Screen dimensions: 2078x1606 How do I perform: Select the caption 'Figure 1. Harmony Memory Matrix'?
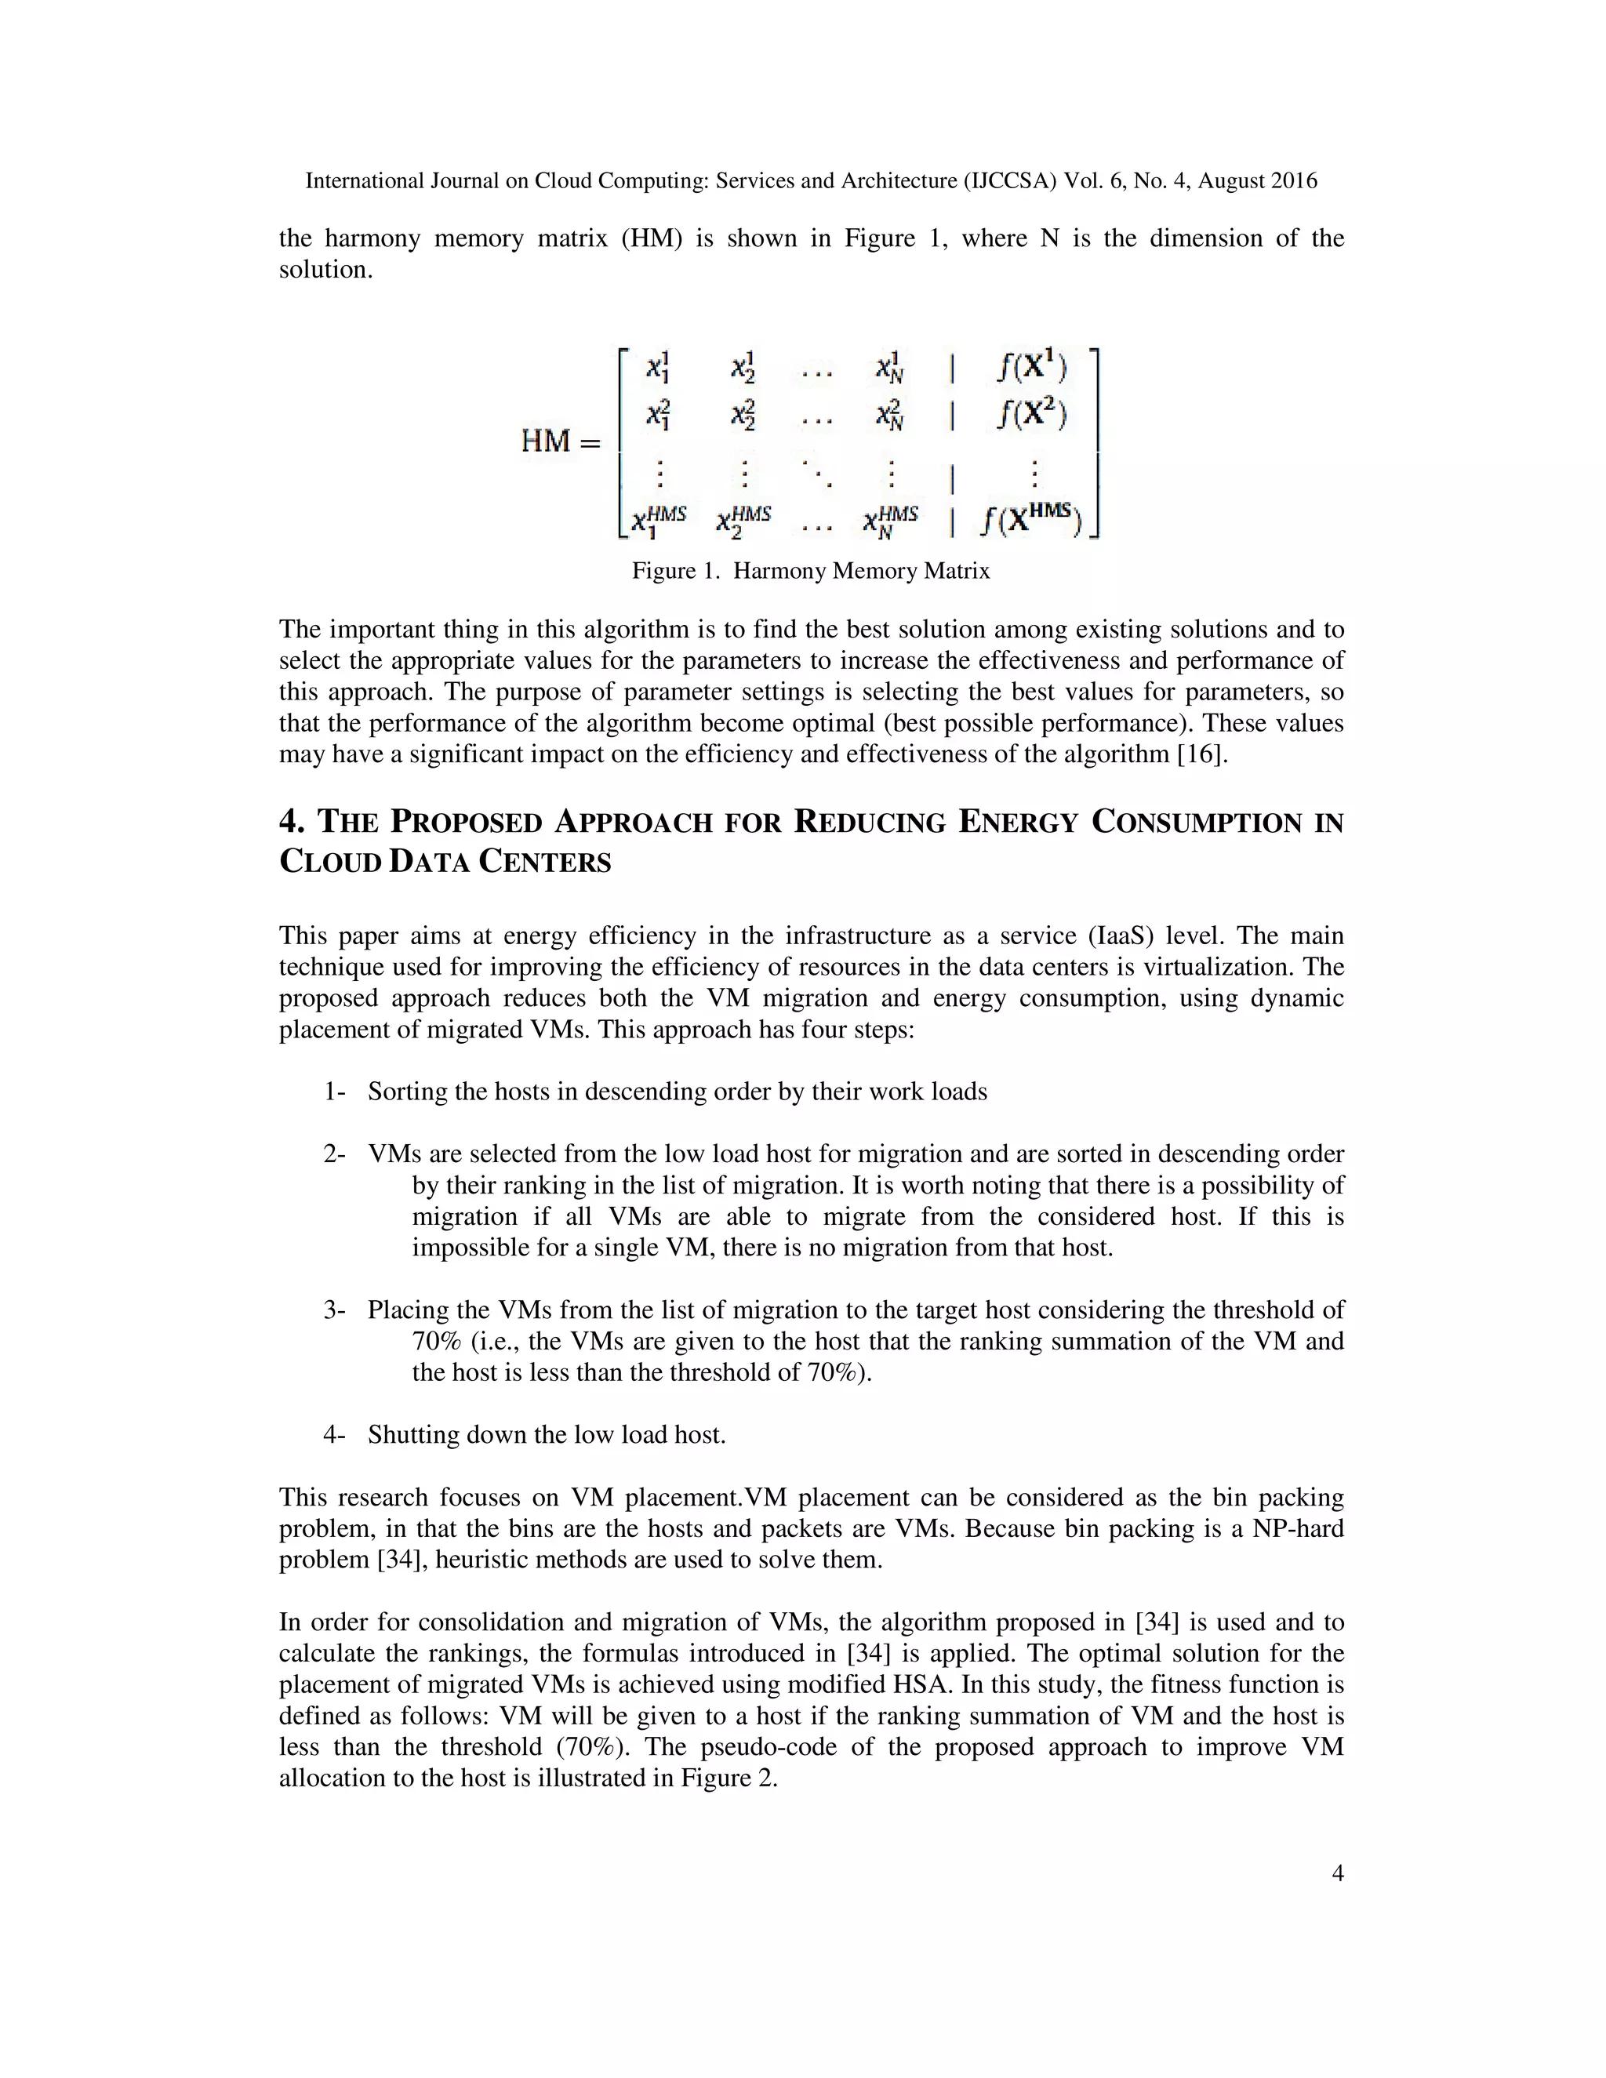(811, 571)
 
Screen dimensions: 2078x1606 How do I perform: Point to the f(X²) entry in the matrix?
(1032, 414)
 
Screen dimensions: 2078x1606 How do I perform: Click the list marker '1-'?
(334, 1092)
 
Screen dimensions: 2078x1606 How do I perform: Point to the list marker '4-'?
(334, 1435)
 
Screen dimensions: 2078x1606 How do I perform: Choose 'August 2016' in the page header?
(1257, 181)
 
